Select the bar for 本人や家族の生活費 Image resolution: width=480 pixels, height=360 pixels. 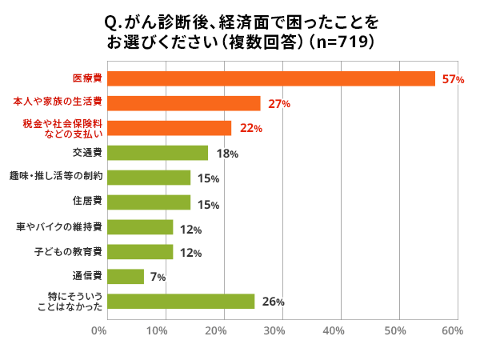(x=183, y=103)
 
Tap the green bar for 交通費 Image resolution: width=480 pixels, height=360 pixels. (x=157, y=153)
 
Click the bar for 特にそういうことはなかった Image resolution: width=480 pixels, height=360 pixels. (x=180, y=302)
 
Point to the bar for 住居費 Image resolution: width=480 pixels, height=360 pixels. (x=148, y=202)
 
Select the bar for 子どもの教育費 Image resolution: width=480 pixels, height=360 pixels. (x=139, y=252)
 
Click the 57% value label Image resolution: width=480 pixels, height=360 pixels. (x=453, y=79)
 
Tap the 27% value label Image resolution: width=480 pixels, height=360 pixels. (x=278, y=104)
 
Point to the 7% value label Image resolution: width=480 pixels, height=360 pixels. (x=157, y=278)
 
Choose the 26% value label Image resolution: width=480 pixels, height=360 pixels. (x=273, y=302)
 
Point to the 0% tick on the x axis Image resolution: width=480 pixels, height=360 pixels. (x=99, y=330)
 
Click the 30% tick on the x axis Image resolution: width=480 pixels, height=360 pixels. (x=275, y=330)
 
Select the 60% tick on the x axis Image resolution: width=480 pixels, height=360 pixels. (x=451, y=330)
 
